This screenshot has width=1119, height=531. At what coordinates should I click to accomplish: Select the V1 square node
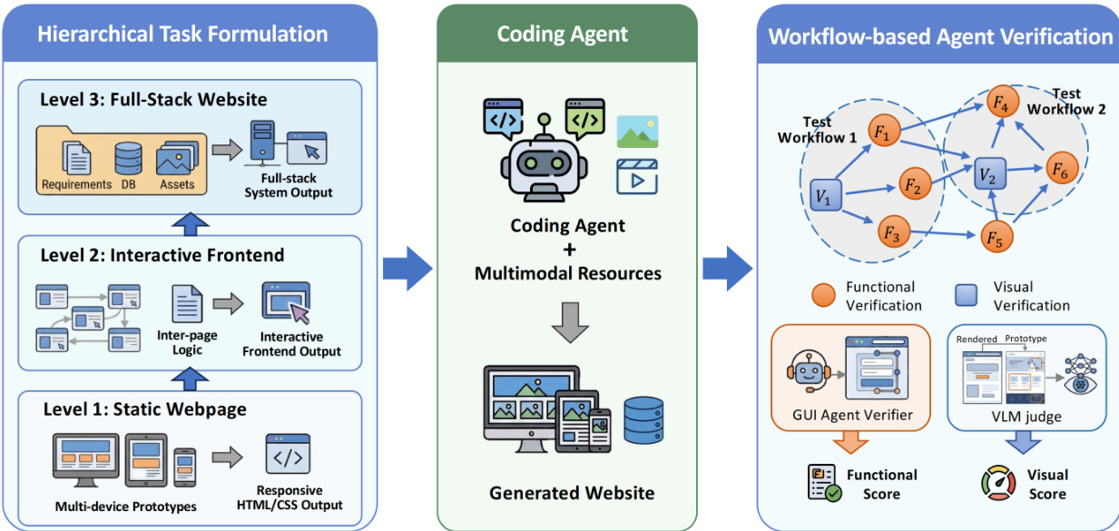click(825, 194)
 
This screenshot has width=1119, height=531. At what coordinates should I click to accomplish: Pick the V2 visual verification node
click(989, 173)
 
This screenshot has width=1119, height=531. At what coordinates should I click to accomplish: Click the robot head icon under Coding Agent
click(545, 160)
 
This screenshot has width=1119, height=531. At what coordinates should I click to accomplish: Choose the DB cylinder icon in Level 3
click(126, 160)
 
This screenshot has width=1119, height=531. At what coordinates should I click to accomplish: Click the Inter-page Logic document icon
click(187, 304)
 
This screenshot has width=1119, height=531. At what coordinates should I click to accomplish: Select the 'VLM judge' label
click(1026, 418)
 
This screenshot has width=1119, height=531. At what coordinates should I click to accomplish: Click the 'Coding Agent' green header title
click(562, 34)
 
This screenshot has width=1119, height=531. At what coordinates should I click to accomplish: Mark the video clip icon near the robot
click(636, 177)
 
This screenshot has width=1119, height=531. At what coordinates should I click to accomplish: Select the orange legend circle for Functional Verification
click(824, 296)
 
